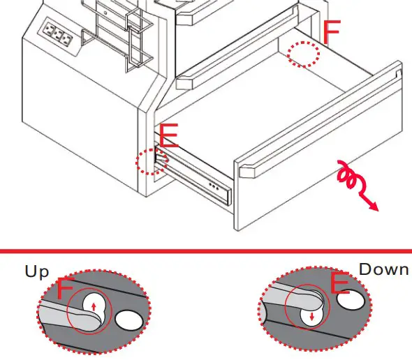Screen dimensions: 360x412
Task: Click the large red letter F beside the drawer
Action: pos(332,33)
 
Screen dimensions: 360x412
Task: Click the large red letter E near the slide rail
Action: pos(169,136)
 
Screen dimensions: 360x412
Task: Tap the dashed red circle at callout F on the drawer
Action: pos(304,54)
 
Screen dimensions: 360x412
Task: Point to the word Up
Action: pos(37,271)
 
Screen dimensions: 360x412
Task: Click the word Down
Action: pos(383,269)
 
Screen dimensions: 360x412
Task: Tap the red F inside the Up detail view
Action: pos(65,289)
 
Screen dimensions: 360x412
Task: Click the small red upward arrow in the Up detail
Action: pos(94,306)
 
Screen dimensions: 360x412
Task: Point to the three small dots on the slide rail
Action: pos(216,187)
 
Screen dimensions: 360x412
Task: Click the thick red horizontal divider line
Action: pos(206,250)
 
